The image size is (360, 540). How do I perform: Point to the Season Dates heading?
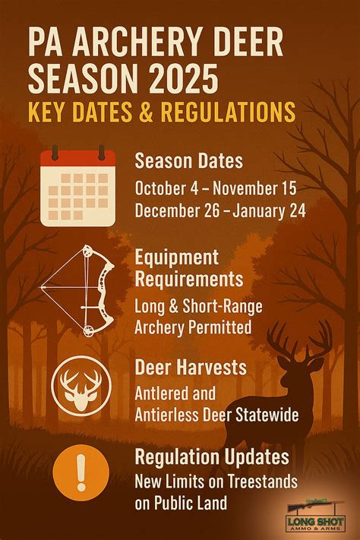[188, 160]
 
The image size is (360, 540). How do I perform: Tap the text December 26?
[174, 211]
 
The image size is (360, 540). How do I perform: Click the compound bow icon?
[77, 290]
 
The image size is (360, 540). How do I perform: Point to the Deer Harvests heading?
[190, 368]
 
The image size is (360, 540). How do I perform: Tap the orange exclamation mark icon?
[81, 477]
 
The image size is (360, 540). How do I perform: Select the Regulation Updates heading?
[211, 456]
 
